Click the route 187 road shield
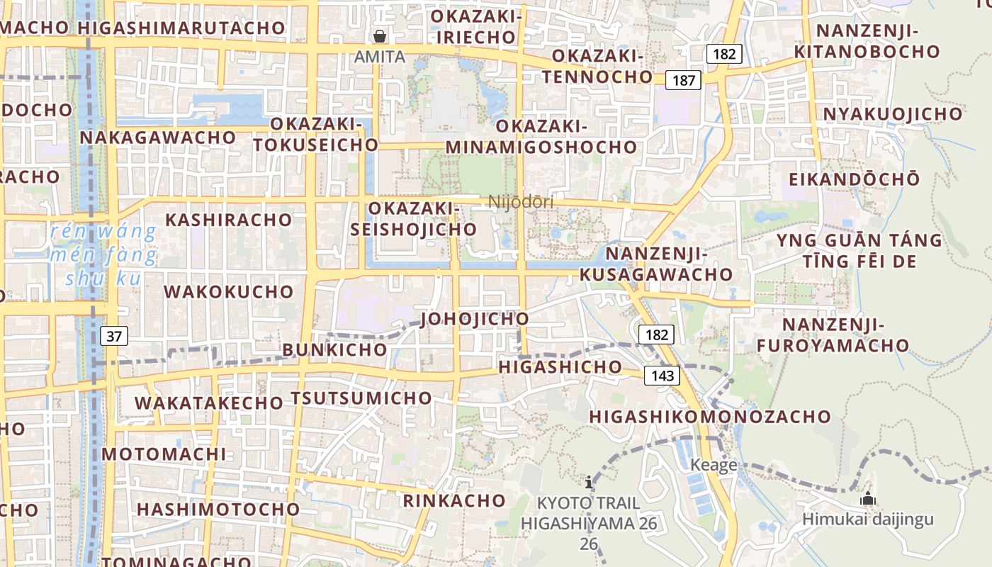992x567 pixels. (684, 80)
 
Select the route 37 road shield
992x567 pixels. (114, 336)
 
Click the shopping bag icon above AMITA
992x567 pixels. (381, 36)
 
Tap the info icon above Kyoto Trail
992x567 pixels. (589, 483)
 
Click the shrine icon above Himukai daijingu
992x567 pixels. (868, 500)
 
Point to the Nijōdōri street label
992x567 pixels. (521, 202)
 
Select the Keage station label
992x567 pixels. (714, 465)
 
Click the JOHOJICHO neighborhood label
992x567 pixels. (475, 319)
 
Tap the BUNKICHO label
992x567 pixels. (335, 350)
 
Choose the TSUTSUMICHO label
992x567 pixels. (361, 398)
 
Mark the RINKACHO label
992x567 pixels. (454, 501)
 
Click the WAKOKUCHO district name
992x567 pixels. (228, 292)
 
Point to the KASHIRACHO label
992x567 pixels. (228, 220)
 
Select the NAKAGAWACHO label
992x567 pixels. (157, 137)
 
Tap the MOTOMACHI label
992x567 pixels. (164, 454)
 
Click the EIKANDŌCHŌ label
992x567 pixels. (854, 179)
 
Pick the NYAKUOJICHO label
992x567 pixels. (893, 114)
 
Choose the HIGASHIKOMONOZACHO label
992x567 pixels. (710, 417)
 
